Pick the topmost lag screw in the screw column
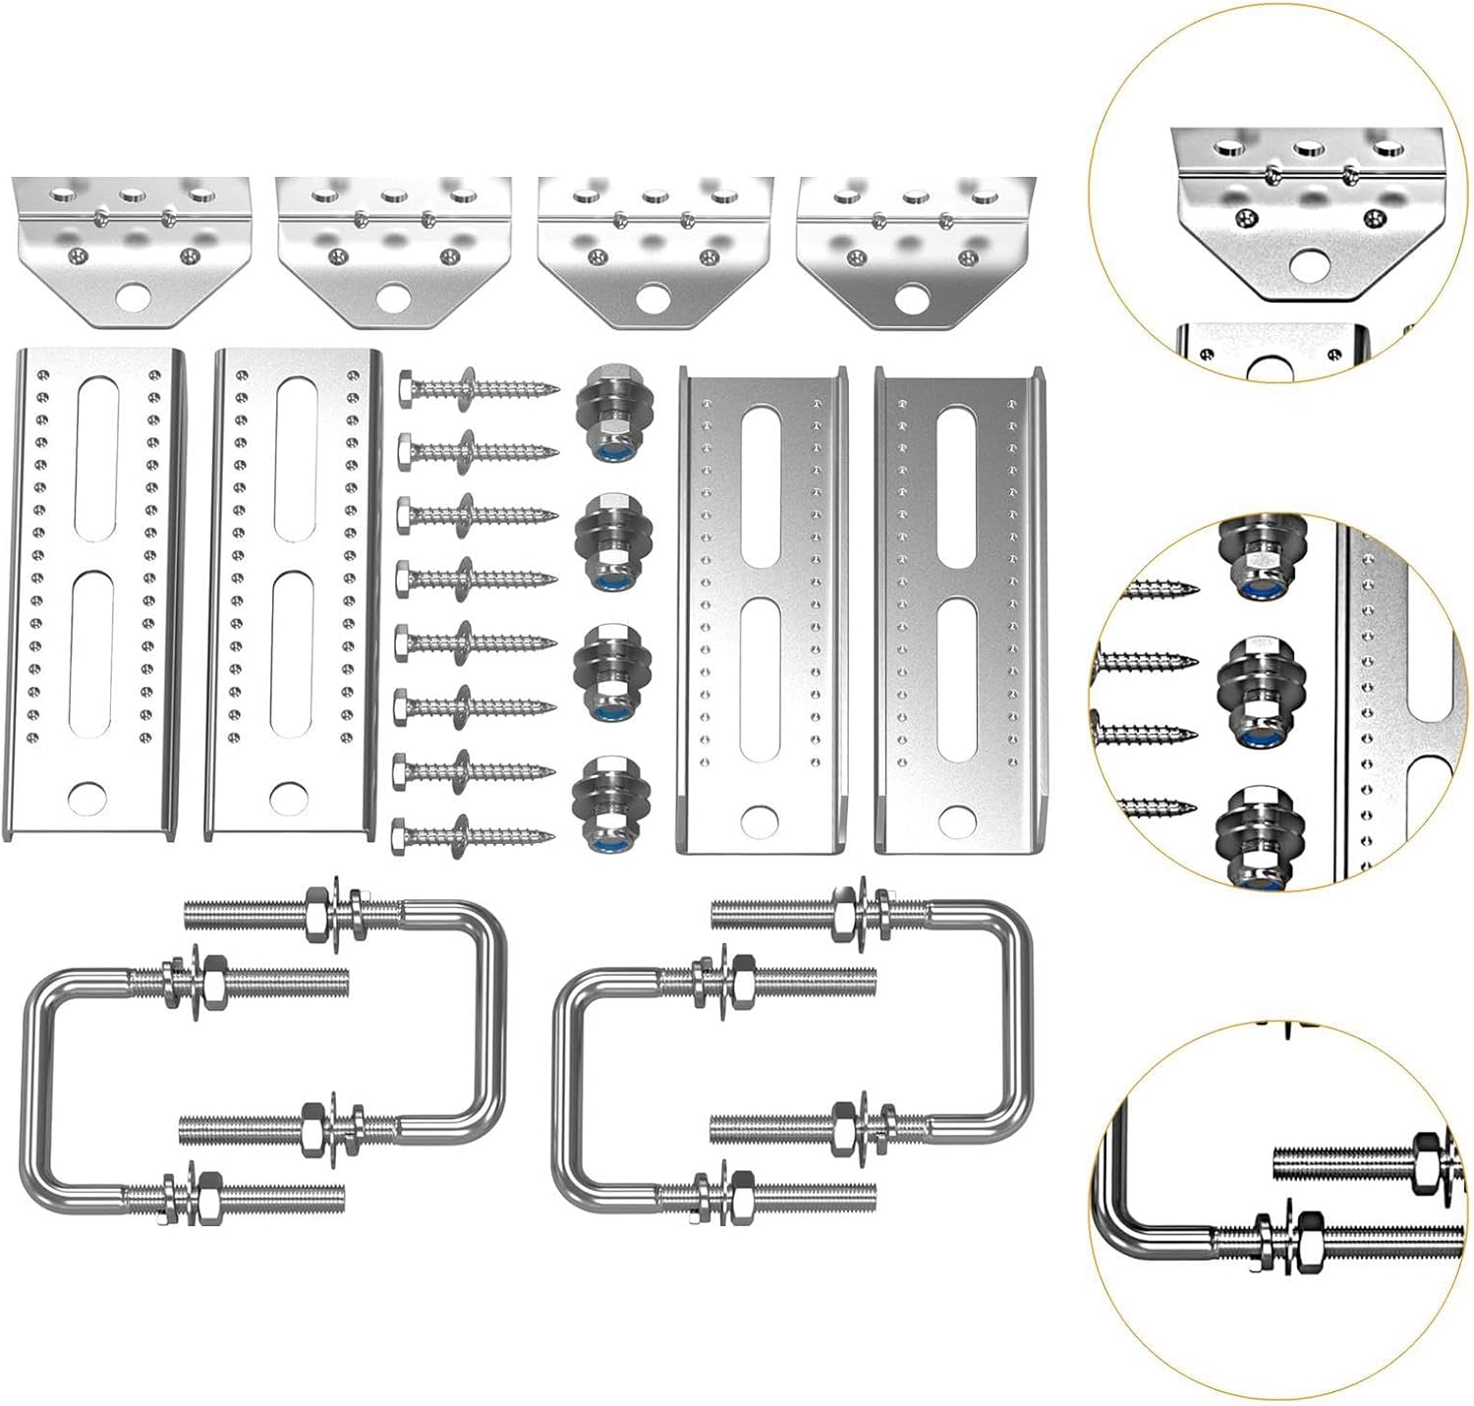point(477,392)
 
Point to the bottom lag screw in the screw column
point(472,836)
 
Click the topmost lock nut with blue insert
point(600,409)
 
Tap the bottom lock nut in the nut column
point(599,802)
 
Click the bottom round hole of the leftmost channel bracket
point(88,798)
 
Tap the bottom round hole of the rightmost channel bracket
point(956,817)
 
